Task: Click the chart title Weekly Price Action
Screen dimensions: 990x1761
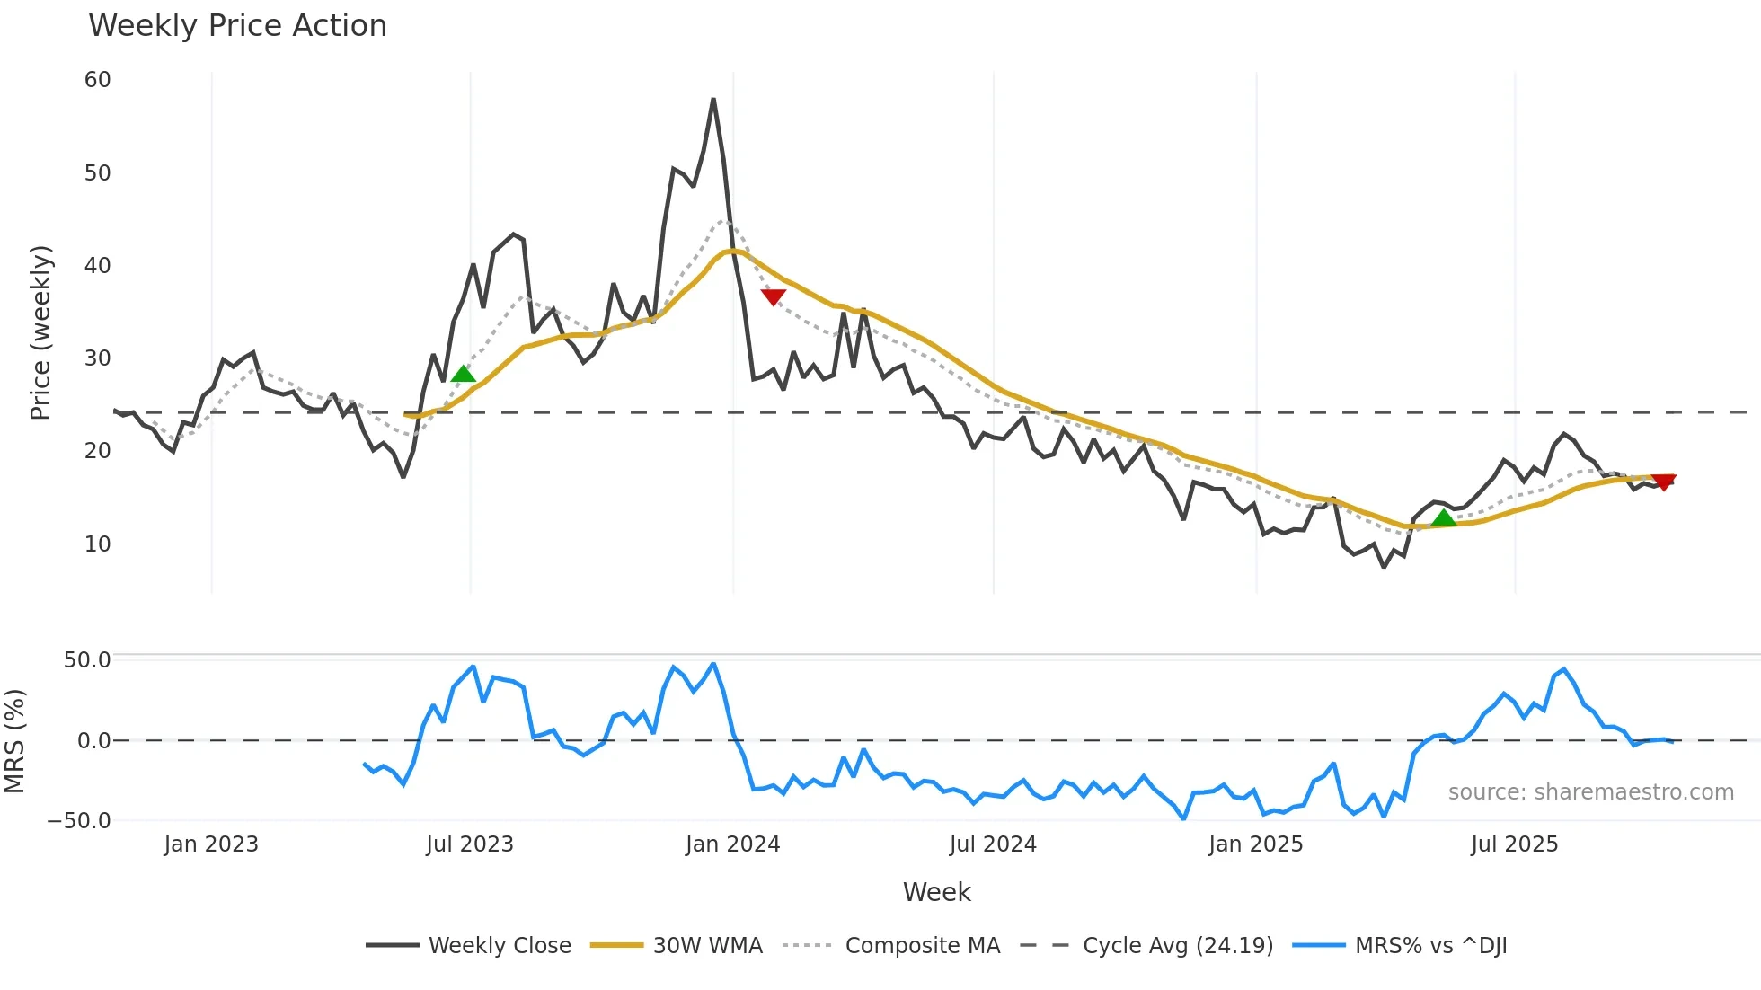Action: coord(237,26)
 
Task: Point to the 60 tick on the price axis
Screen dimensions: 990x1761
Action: coord(97,80)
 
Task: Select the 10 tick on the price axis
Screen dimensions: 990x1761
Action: coord(97,544)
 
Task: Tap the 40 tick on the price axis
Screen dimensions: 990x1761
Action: coord(97,265)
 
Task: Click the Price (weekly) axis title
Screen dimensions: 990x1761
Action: coord(40,332)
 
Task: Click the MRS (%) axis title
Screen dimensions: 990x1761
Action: coord(14,741)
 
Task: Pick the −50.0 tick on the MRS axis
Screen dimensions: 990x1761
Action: coord(79,821)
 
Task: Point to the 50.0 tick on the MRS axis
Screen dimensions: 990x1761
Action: coord(87,660)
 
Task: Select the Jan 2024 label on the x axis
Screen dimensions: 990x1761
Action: coord(732,844)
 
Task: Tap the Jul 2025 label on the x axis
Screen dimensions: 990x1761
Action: coord(1514,844)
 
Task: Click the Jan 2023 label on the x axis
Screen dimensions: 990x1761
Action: coord(211,844)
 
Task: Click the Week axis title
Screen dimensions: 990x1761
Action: coord(936,892)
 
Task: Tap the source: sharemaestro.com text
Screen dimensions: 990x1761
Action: coord(1590,792)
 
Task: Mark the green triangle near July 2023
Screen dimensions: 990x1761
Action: coord(463,375)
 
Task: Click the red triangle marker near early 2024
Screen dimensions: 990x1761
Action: coord(773,296)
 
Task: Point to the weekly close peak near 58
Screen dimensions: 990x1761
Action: coord(713,100)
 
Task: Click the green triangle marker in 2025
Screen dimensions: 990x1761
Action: coord(1443,517)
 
